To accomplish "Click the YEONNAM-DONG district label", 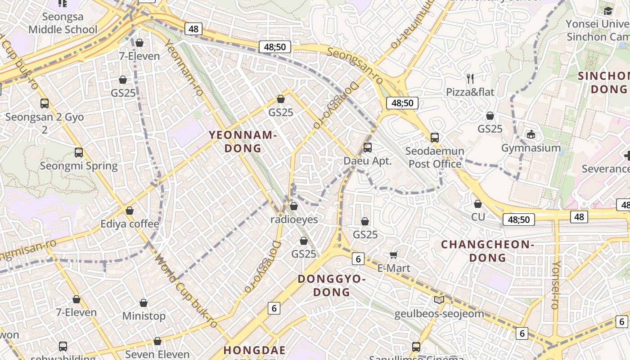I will [x=242, y=141].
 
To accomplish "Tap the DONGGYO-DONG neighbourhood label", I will [x=331, y=285].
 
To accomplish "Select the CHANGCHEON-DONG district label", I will [x=487, y=251].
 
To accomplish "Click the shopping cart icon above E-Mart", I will [x=393, y=255].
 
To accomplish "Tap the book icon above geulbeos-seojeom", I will [x=439, y=300].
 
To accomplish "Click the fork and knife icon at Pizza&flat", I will [x=470, y=79].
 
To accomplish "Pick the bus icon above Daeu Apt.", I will [x=368, y=148].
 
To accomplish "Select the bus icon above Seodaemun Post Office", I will [x=435, y=138].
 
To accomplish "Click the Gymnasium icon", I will [x=531, y=135].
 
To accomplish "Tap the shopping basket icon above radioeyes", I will [x=294, y=206].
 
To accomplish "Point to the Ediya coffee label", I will [x=130, y=224].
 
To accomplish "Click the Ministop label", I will [x=144, y=316].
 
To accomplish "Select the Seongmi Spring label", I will [x=79, y=166].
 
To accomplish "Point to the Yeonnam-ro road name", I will [x=184, y=67].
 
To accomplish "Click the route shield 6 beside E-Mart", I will [x=358, y=258].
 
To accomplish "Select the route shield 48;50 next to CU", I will [x=519, y=220].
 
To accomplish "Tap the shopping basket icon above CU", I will [x=478, y=204].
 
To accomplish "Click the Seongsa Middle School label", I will [x=63, y=23].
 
